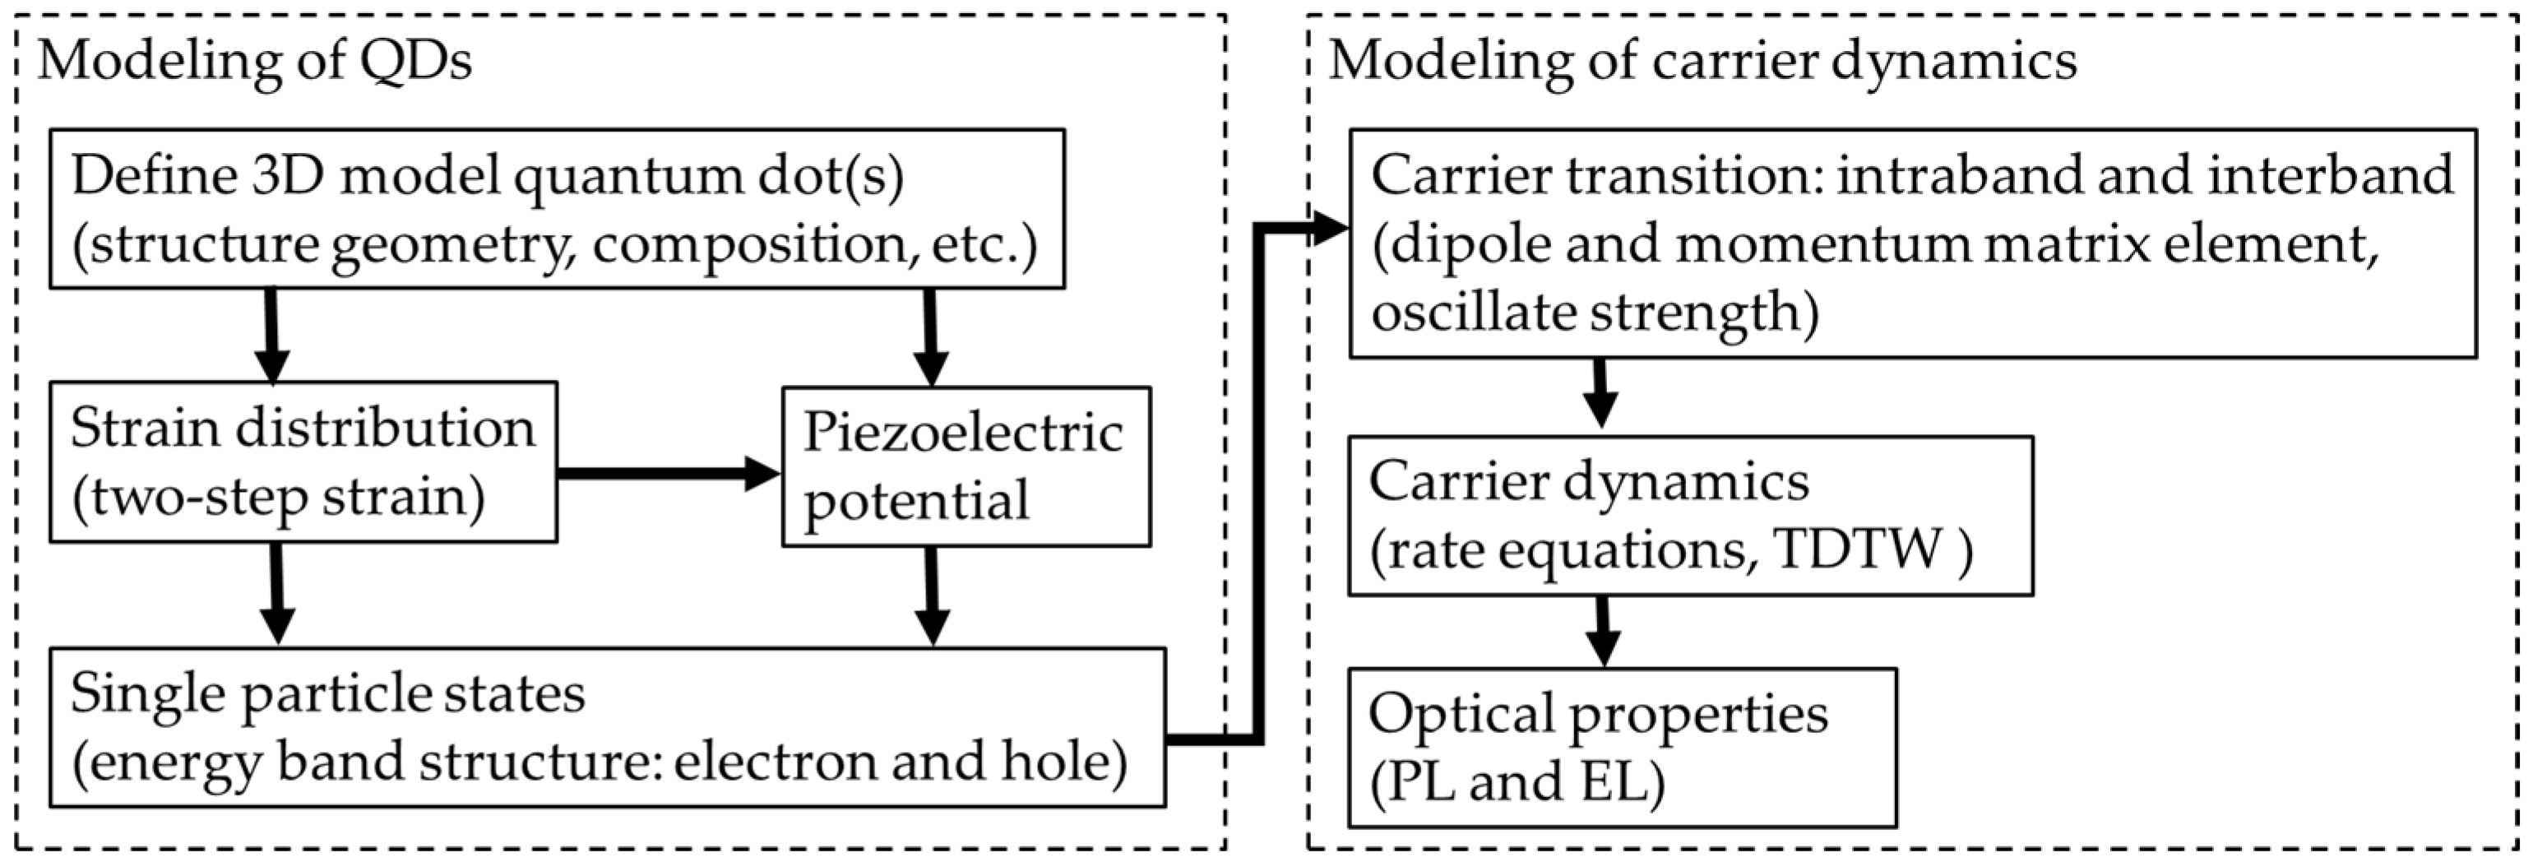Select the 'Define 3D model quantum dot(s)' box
coord(557,208)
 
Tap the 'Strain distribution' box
coord(303,462)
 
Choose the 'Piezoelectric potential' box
coord(966,467)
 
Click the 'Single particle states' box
coord(607,727)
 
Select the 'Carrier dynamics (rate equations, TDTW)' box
coord(1689,516)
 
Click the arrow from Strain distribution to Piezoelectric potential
coord(669,473)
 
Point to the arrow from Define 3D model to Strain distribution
coord(271,335)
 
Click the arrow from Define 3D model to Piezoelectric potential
coord(929,337)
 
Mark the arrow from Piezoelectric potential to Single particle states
coord(931,596)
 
